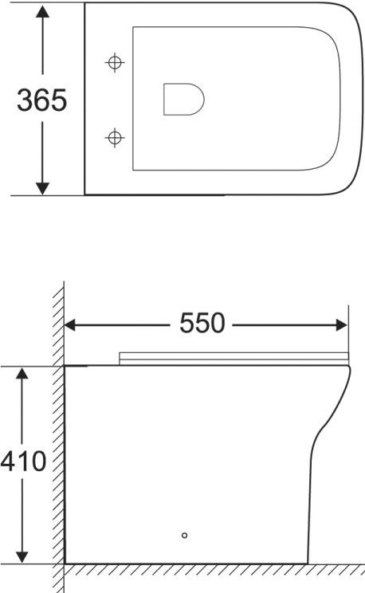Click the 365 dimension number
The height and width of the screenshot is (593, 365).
point(42,100)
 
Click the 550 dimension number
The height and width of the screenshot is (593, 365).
point(202,324)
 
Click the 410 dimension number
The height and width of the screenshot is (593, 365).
point(23,461)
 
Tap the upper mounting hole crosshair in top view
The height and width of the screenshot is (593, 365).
point(116,62)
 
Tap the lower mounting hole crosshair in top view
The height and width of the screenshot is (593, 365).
point(116,138)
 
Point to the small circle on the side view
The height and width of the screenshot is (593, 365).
point(184,536)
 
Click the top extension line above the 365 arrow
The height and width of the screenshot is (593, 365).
point(48,3)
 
